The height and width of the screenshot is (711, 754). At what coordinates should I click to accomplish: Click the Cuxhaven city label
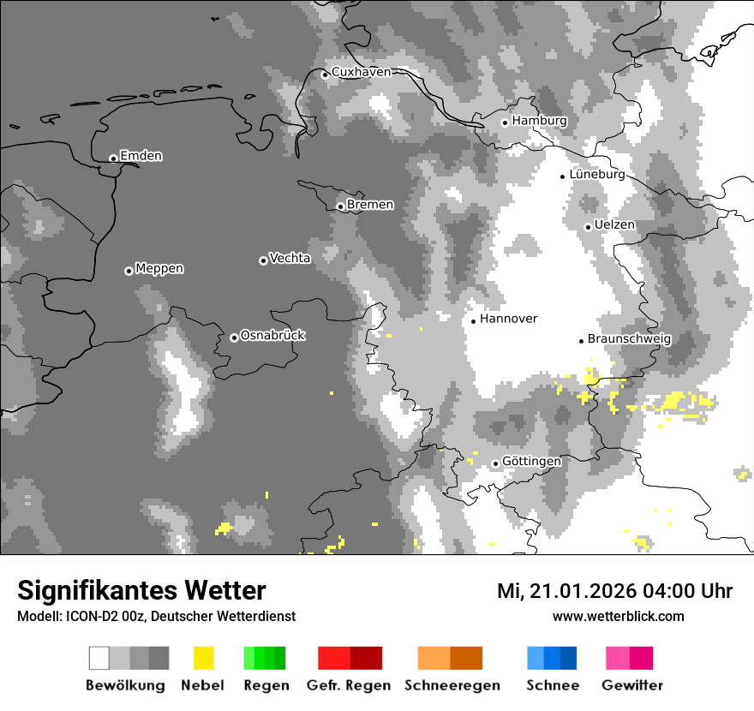[361, 72]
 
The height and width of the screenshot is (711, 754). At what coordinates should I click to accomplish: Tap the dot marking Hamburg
[505, 122]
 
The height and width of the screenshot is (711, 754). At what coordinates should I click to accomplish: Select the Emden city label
[141, 156]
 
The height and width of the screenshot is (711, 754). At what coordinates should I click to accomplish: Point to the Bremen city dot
[340, 206]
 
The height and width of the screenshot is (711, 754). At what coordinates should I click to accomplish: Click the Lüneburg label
[596, 174]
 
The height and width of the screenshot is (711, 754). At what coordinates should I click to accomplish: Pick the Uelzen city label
[614, 224]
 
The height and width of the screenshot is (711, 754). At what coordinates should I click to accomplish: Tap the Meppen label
[159, 268]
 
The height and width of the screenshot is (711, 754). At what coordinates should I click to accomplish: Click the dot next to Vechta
[263, 260]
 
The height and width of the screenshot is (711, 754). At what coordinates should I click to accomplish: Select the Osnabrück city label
[272, 335]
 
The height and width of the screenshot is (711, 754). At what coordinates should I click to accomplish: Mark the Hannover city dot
[473, 321]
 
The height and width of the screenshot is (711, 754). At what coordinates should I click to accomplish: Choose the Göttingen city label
[531, 461]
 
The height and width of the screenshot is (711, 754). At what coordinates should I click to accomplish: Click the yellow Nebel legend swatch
[203, 658]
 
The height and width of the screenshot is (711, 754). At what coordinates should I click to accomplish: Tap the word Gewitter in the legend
[632, 685]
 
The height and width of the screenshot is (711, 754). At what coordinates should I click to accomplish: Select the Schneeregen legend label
[452, 685]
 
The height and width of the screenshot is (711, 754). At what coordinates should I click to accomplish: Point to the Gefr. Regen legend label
[349, 685]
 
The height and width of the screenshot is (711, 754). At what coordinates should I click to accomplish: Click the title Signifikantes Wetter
[141, 591]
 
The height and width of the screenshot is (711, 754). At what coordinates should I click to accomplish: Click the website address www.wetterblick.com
[618, 617]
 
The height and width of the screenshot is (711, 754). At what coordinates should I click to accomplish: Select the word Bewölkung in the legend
[125, 685]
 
